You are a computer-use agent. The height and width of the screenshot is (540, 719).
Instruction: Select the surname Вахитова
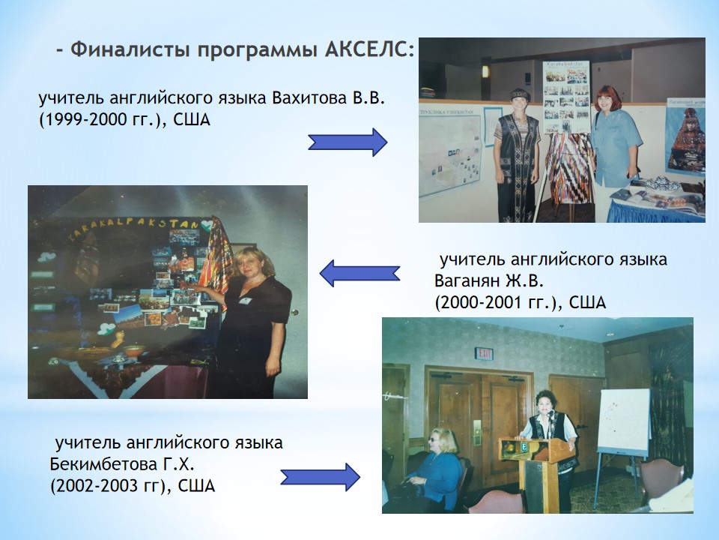(309, 98)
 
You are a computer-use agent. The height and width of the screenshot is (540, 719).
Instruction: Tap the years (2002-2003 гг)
(108, 486)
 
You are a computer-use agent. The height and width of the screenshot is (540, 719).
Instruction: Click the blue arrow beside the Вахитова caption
(348, 142)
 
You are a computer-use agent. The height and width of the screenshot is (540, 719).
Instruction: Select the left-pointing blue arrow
(359, 274)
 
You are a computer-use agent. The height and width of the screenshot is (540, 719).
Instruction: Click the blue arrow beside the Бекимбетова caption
(320, 477)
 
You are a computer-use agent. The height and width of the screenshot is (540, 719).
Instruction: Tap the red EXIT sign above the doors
(484, 353)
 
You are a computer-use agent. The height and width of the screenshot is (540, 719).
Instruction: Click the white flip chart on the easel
(624, 421)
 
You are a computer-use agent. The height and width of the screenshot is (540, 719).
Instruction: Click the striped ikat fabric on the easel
(568, 167)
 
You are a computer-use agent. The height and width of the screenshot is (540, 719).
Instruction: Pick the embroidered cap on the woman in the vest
(521, 94)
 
